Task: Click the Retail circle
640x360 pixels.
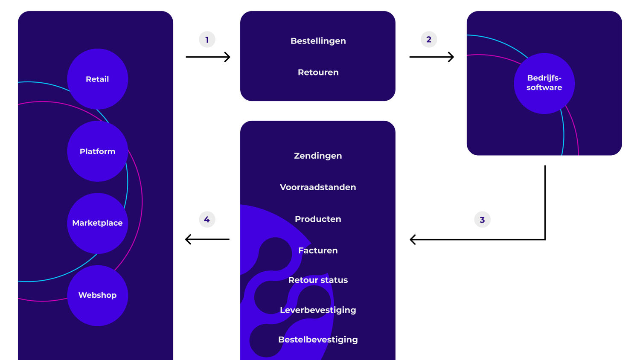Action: pos(97,79)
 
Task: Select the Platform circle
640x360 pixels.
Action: pos(97,151)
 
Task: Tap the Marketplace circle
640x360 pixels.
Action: pos(97,223)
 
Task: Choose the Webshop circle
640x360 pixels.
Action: pos(97,295)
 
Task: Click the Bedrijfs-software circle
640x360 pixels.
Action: pos(544,83)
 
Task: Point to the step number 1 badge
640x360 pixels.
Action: pos(207,40)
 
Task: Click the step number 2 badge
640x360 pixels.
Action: pos(429,40)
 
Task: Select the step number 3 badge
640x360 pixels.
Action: pos(482,220)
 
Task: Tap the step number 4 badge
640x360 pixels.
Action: pos(207,220)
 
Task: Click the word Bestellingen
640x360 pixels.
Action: pos(318,41)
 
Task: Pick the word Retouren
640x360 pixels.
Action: pos(318,73)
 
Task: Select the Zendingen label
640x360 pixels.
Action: pos(318,156)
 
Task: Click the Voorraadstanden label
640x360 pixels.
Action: pos(318,187)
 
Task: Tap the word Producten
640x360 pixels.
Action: pos(318,219)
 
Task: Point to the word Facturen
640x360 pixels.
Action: pos(318,250)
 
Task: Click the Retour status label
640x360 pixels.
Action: pos(318,280)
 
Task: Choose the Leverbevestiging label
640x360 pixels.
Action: pos(318,310)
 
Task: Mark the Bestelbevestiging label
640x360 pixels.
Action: pos(318,340)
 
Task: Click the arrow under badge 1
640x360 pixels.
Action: pos(208,57)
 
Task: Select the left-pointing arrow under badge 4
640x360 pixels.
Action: pos(207,239)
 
